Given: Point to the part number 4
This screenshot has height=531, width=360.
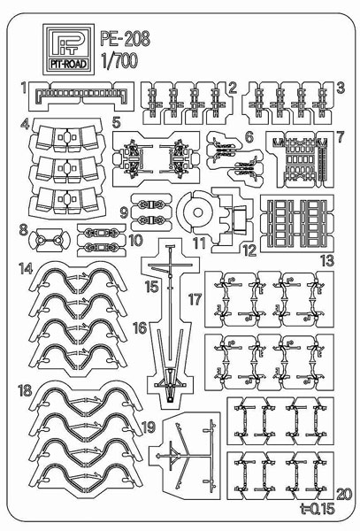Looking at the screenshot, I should pos(27,123).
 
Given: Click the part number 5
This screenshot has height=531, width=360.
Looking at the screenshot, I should pos(117,122).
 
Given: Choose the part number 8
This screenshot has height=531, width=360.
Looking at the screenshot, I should pos(22,232).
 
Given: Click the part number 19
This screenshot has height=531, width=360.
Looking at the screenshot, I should pos(148,427).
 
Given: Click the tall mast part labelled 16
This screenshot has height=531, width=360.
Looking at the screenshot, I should pos(167,327).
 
